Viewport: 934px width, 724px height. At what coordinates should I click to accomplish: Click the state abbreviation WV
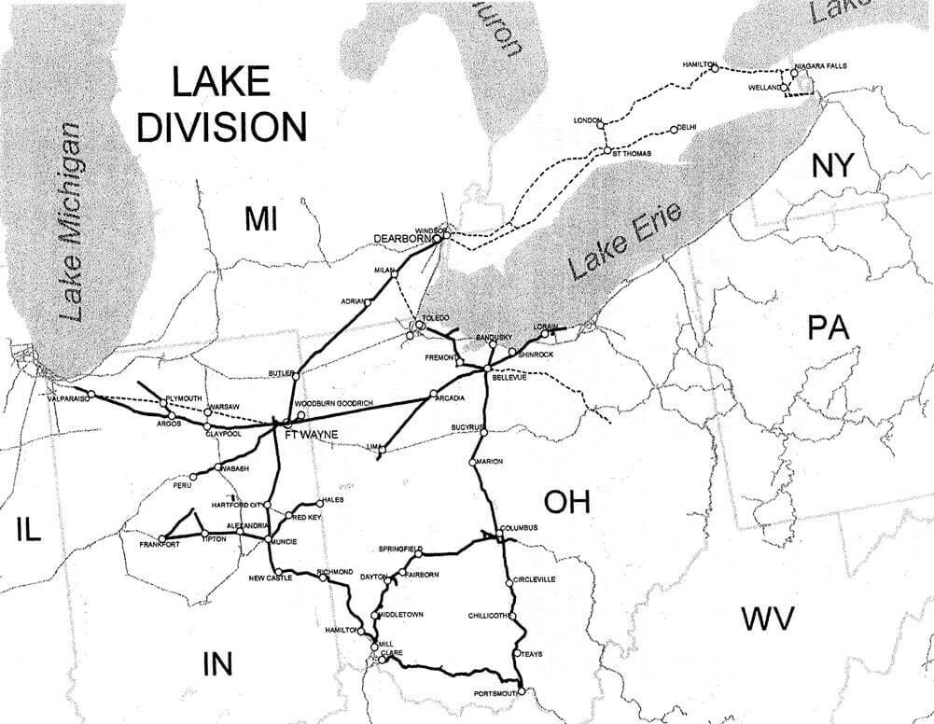click(767, 618)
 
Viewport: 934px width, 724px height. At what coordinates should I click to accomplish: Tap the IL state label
click(29, 530)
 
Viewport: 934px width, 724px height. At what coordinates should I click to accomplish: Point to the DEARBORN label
click(398, 239)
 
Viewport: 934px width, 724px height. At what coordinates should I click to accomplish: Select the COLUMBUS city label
click(520, 528)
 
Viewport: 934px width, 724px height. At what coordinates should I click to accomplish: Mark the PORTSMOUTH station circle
click(522, 692)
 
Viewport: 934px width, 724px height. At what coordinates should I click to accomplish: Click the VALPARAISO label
click(66, 397)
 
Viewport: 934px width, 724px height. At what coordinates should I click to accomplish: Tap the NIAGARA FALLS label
click(822, 66)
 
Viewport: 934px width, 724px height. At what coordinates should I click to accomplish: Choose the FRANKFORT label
click(158, 543)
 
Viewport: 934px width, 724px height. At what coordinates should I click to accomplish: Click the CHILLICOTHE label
click(488, 617)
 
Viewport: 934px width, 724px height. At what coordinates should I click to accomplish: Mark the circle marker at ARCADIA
click(433, 393)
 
